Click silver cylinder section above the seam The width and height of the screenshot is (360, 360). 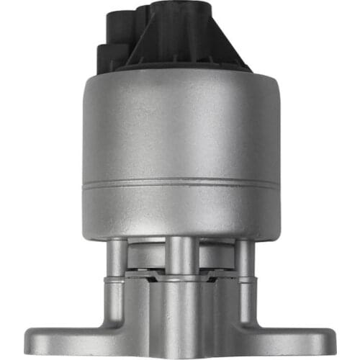[180, 130]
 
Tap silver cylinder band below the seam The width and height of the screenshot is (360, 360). [180, 209]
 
